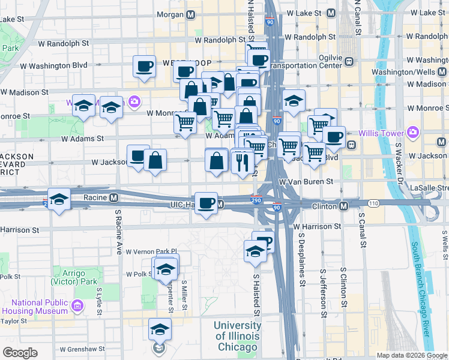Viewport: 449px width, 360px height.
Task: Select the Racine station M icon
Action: (113, 197)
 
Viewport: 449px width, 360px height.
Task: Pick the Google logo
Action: (20, 353)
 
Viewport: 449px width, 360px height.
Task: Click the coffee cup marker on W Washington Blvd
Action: (144, 66)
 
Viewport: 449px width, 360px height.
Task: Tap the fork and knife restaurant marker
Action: (243, 161)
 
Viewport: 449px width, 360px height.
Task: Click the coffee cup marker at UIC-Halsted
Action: (206, 202)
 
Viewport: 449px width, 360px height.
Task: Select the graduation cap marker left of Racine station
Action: (59, 199)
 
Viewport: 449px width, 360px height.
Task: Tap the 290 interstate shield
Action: (256, 199)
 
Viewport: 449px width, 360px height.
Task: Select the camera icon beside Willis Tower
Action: (412, 132)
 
